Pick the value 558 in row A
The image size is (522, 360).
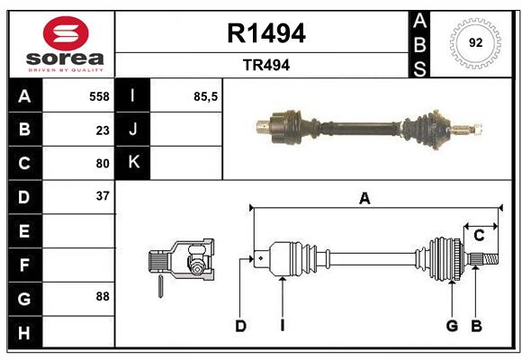click(98, 96)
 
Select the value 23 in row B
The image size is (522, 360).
click(102, 130)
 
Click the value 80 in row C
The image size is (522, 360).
click(102, 163)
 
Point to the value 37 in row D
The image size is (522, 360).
click(102, 196)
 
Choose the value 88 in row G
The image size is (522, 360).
click(102, 296)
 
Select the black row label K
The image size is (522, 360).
click(133, 163)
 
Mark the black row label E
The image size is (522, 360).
click(23, 230)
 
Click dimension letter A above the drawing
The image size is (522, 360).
click(364, 199)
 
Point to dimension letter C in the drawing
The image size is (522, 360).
click(479, 236)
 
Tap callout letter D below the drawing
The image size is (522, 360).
click(240, 326)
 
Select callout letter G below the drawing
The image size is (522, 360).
click(452, 326)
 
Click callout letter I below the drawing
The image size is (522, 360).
click(282, 326)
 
